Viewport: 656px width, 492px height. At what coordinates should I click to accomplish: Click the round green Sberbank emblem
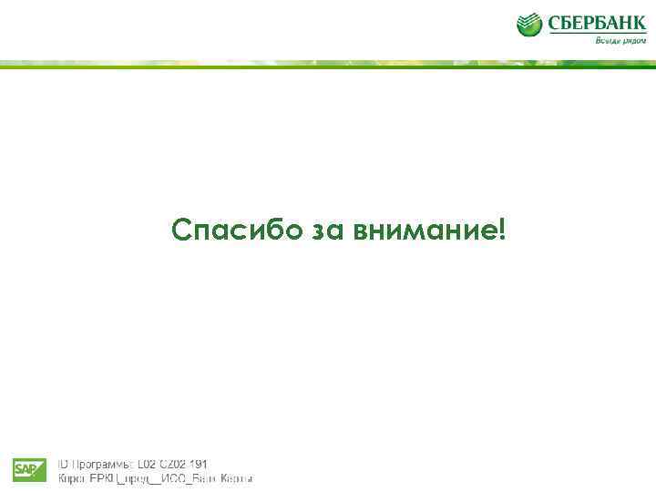coord(529,25)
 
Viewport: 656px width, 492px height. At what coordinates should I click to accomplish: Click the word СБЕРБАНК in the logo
coord(596,23)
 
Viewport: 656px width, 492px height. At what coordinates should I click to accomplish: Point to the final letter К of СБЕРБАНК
coord(639,23)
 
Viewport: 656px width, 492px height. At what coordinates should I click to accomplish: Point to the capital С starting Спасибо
coord(182,231)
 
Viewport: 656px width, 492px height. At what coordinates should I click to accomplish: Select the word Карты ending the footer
coord(236,478)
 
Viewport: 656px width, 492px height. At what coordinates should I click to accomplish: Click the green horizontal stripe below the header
coord(328,64)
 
